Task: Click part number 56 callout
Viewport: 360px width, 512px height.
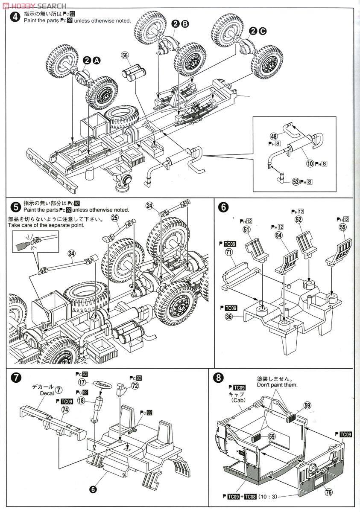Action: coord(125,55)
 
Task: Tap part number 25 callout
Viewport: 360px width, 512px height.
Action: coord(114,218)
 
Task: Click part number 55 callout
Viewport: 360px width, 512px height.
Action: coord(342,228)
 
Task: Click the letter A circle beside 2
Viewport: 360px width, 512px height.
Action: coord(97,61)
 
